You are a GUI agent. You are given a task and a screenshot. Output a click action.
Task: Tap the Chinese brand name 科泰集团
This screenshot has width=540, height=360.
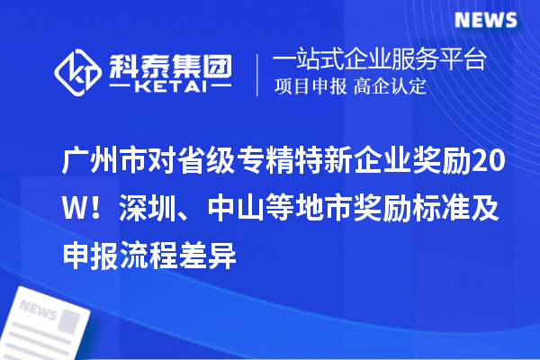click(172, 63)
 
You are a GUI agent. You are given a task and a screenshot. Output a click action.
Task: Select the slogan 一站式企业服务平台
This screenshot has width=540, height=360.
click(379, 60)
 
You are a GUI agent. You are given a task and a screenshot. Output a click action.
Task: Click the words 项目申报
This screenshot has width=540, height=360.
click(310, 88)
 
